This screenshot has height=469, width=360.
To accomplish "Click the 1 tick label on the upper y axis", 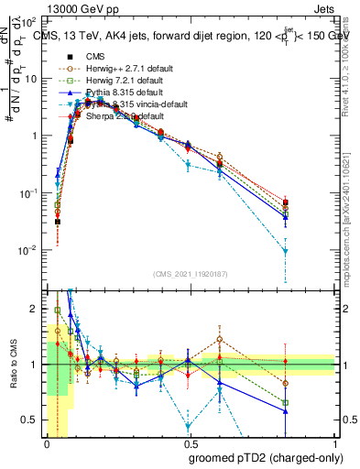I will click(x=35, y=136).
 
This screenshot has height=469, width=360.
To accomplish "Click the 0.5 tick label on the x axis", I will click(x=188, y=442).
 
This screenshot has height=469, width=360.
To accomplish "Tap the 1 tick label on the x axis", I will click(x=333, y=442).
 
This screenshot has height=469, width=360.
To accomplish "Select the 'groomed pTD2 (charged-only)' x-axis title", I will click(x=266, y=456).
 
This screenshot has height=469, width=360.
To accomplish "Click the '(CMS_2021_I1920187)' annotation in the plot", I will click(x=191, y=274).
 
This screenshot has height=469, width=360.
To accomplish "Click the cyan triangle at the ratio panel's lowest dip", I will click(x=189, y=426).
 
